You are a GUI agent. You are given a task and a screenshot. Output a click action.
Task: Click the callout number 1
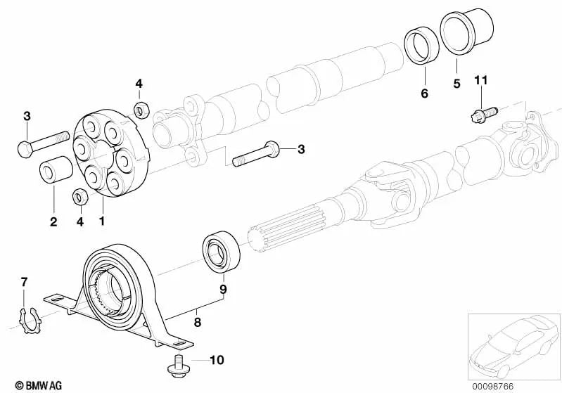point(103,221)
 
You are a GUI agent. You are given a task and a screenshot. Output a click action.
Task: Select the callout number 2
point(53,222)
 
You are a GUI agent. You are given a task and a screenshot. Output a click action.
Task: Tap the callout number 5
point(456,84)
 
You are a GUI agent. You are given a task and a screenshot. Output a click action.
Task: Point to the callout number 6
point(425,94)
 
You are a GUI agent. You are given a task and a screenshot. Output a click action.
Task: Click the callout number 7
point(24,283)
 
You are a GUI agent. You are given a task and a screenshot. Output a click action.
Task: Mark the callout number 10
point(217,361)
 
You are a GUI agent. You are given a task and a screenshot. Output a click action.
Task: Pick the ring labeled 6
point(423,50)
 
